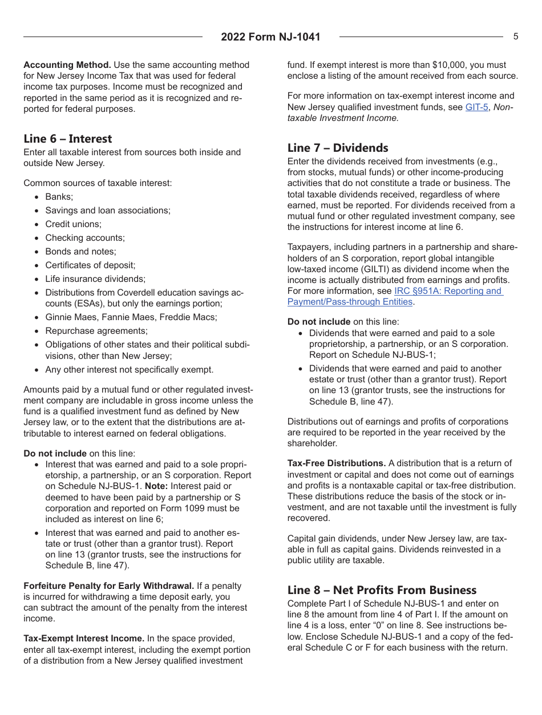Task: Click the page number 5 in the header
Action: [x=516, y=37]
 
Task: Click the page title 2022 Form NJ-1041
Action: [x=270, y=37]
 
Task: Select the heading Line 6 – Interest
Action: [x=68, y=139]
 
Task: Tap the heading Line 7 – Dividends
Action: [x=338, y=148]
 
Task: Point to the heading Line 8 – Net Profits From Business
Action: [x=382, y=590]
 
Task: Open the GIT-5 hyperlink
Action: [x=476, y=107]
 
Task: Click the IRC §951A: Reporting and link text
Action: [x=448, y=291]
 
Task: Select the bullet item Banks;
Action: [x=59, y=197]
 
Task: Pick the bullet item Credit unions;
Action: [x=73, y=224]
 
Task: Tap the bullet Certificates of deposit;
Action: [x=90, y=265]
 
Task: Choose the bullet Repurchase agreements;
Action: [x=96, y=331]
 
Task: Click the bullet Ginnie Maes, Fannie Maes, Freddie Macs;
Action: [x=131, y=317]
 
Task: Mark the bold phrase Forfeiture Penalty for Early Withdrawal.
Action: [x=109, y=586]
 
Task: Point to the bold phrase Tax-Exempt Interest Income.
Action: [x=84, y=639]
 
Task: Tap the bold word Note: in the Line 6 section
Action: [x=156, y=486]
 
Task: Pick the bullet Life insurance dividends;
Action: [x=95, y=279]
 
